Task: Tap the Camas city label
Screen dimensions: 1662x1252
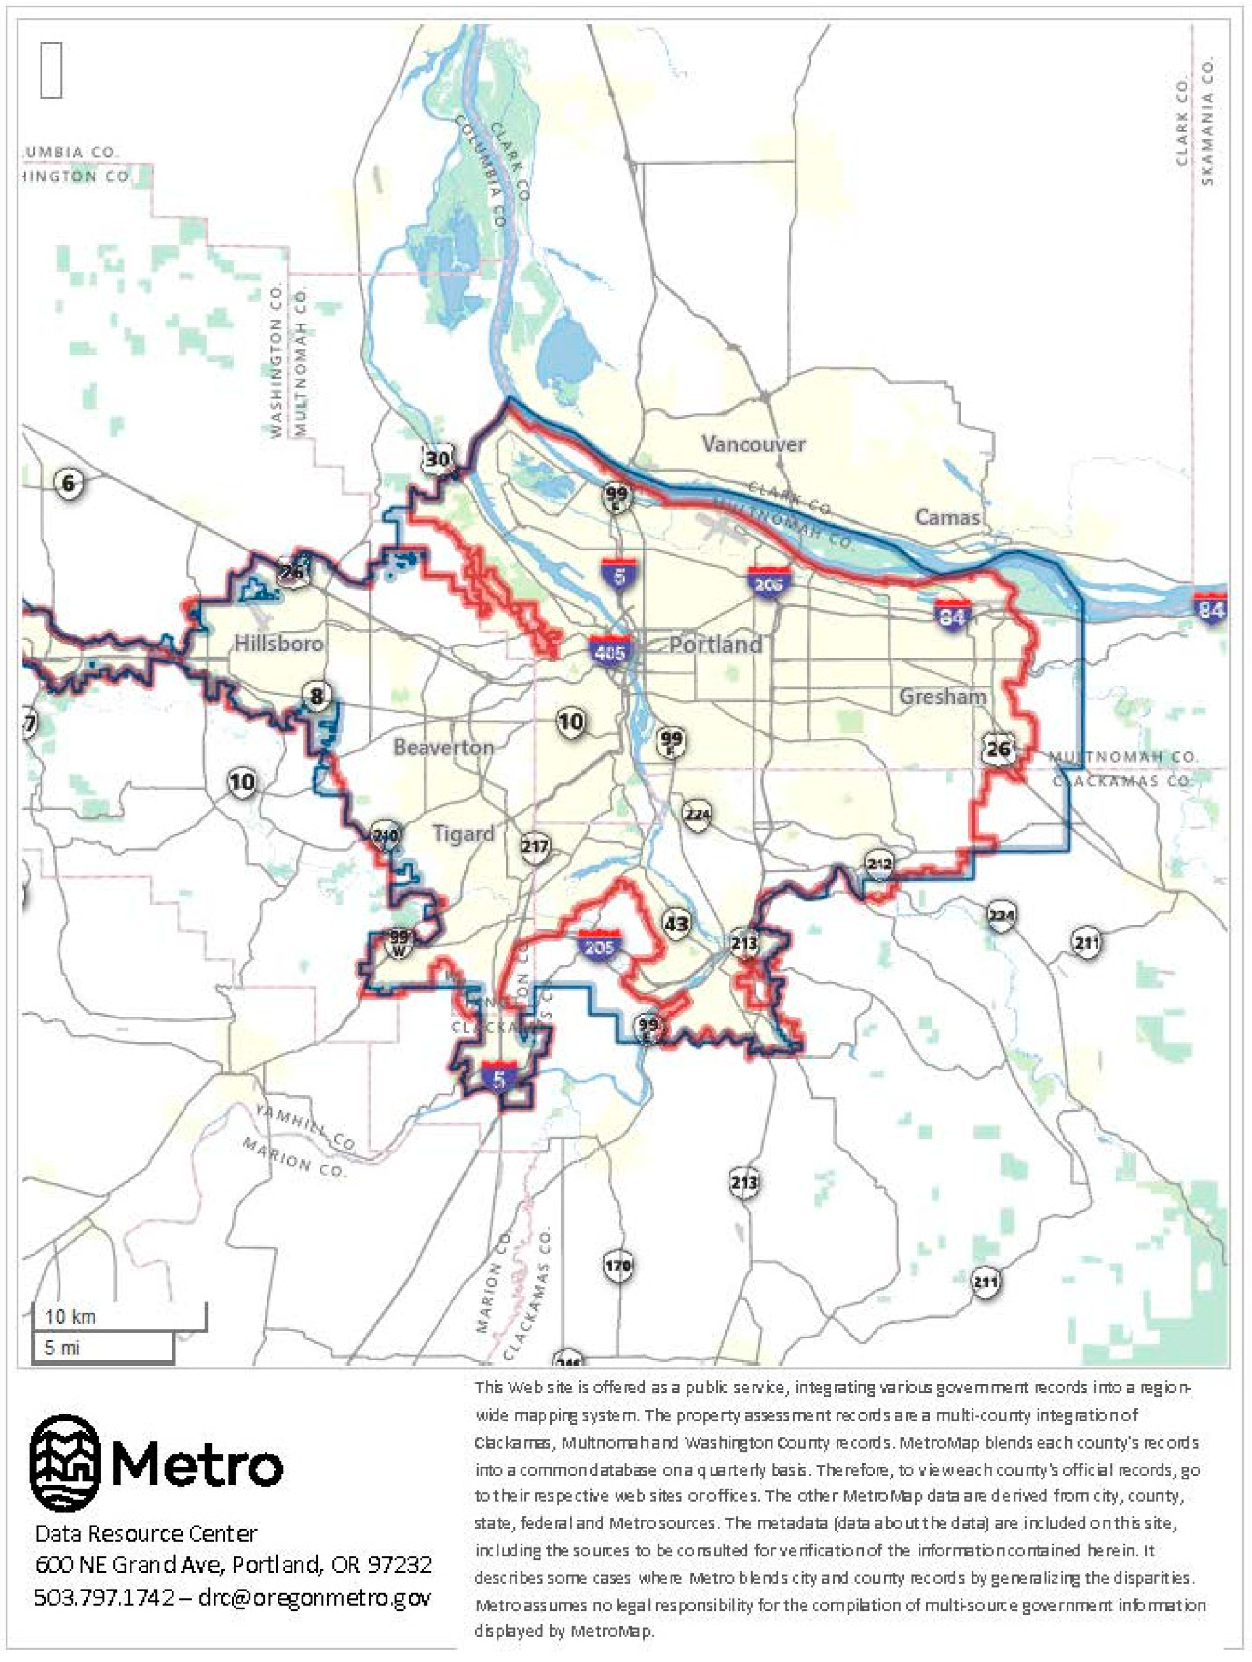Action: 947,517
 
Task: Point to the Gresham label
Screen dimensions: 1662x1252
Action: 943,697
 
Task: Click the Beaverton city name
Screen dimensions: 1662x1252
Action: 443,747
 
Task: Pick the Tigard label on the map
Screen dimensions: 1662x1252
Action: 463,834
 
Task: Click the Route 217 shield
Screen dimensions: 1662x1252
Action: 535,847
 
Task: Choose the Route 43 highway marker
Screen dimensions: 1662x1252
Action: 677,923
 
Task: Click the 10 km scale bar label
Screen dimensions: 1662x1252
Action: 70,1316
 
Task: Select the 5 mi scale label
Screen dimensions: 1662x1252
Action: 62,1347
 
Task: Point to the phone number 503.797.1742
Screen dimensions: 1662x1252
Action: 105,1596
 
